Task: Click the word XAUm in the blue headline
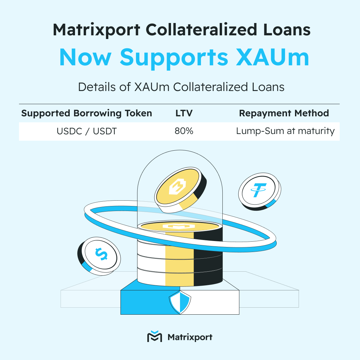[273, 57]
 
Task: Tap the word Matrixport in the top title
[97, 30]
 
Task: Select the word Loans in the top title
[287, 30]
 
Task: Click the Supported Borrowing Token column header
[87, 113]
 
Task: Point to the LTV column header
[184, 113]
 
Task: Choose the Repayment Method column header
[284, 113]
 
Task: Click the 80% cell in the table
[184, 131]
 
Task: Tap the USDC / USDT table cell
[87, 131]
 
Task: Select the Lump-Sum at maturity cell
[285, 131]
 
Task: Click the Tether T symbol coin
[260, 191]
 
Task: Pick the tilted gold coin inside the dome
[180, 190]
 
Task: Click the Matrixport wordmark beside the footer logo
[190, 337]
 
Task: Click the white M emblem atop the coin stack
[179, 226]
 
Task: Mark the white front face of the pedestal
[209, 302]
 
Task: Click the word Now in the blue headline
[85, 57]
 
